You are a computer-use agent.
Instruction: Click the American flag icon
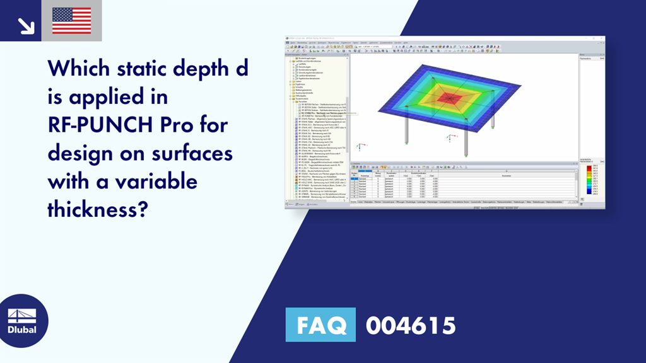point(71,21)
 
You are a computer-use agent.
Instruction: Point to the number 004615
point(410,325)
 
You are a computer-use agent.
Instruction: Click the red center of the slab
point(450,97)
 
